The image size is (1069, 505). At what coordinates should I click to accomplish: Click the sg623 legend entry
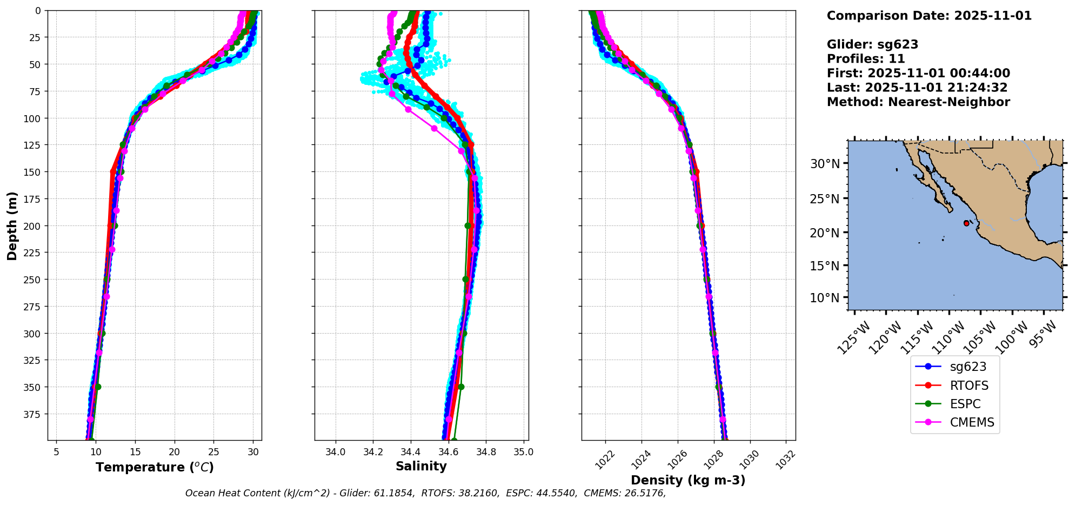(x=967, y=367)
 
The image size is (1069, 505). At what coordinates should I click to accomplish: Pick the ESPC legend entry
(x=965, y=404)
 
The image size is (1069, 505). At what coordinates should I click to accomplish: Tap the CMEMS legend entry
(x=971, y=422)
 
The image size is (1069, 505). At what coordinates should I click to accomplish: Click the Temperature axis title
(x=155, y=467)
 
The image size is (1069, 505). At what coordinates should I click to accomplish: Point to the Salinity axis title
(x=421, y=466)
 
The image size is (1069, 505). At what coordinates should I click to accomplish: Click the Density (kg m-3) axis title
(x=688, y=480)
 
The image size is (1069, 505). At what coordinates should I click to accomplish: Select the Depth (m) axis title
(x=12, y=225)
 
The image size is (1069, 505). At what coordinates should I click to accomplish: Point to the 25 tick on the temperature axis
(x=213, y=451)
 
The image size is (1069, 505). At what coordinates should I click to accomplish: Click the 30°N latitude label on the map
(x=825, y=164)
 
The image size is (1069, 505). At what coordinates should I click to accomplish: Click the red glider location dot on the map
(x=966, y=223)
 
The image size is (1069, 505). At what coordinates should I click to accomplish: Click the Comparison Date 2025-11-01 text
(x=929, y=16)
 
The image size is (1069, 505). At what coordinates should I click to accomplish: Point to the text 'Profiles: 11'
(x=866, y=59)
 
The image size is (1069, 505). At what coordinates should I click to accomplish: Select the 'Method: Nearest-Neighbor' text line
(x=918, y=102)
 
